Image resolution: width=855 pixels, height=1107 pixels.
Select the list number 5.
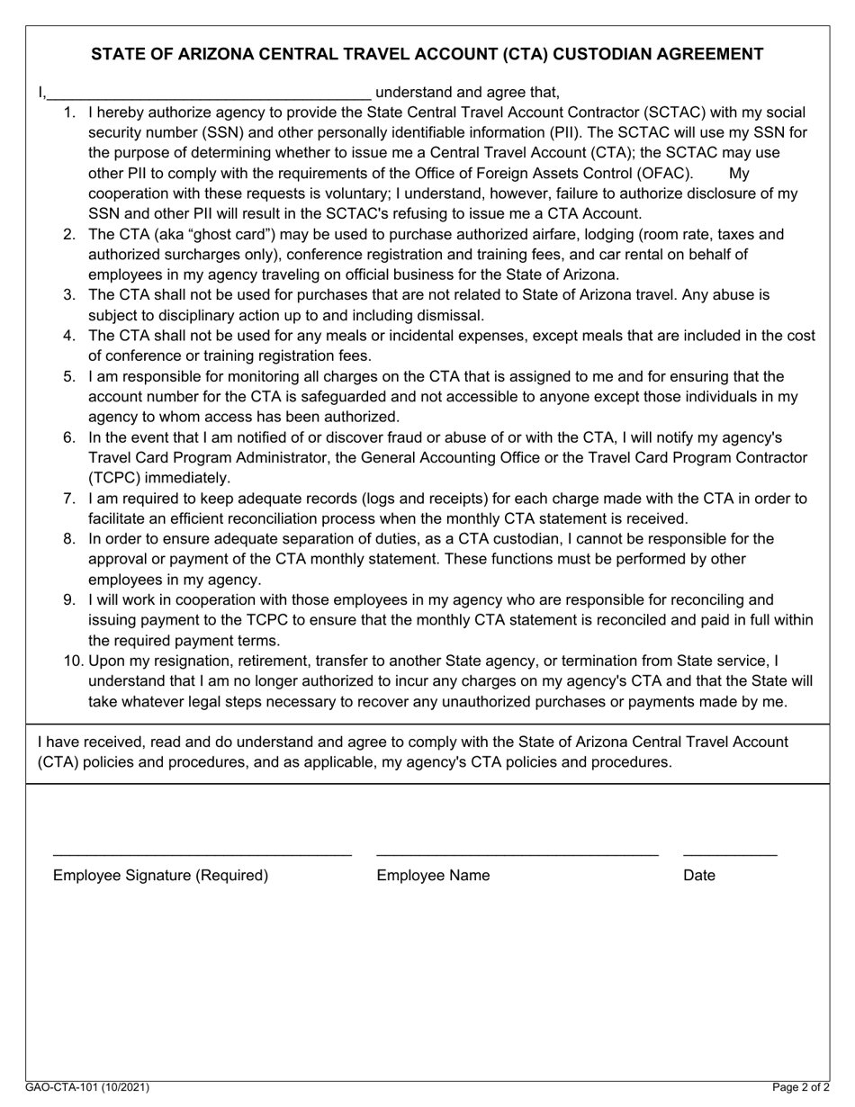[x=69, y=376]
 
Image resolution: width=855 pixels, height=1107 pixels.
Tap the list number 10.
[x=72, y=661]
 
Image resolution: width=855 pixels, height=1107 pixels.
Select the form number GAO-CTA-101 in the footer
[x=56, y=1088]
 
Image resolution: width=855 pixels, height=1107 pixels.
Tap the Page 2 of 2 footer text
[x=801, y=1088]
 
